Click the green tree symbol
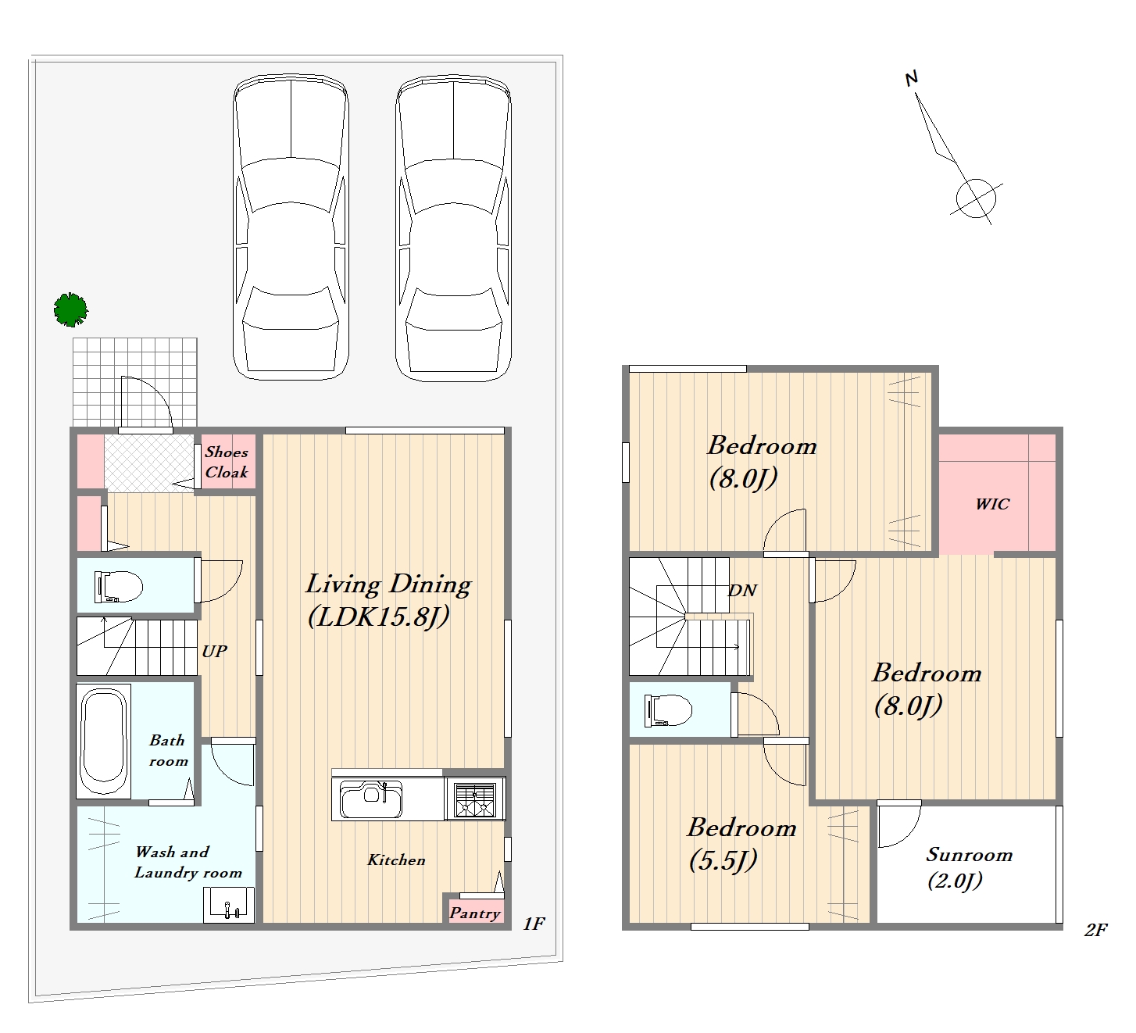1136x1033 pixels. point(71,309)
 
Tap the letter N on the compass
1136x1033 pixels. point(911,79)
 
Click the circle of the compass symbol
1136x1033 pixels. point(976,198)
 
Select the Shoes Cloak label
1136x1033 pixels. point(227,462)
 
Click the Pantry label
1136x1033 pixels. point(474,913)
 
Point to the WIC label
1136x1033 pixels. point(992,504)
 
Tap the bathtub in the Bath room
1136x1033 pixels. point(104,742)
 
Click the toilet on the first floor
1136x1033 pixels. point(118,587)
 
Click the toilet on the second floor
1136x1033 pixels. point(668,710)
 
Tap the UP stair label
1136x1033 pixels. point(214,651)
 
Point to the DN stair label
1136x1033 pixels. point(742,591)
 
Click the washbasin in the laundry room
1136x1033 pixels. point(229,905)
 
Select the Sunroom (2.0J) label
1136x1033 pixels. point(969,867)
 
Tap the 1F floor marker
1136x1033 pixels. point(534,924)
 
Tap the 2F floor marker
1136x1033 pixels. point(1096,930)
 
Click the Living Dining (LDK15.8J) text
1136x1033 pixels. point(388,600)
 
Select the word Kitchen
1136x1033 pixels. point(396,860)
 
